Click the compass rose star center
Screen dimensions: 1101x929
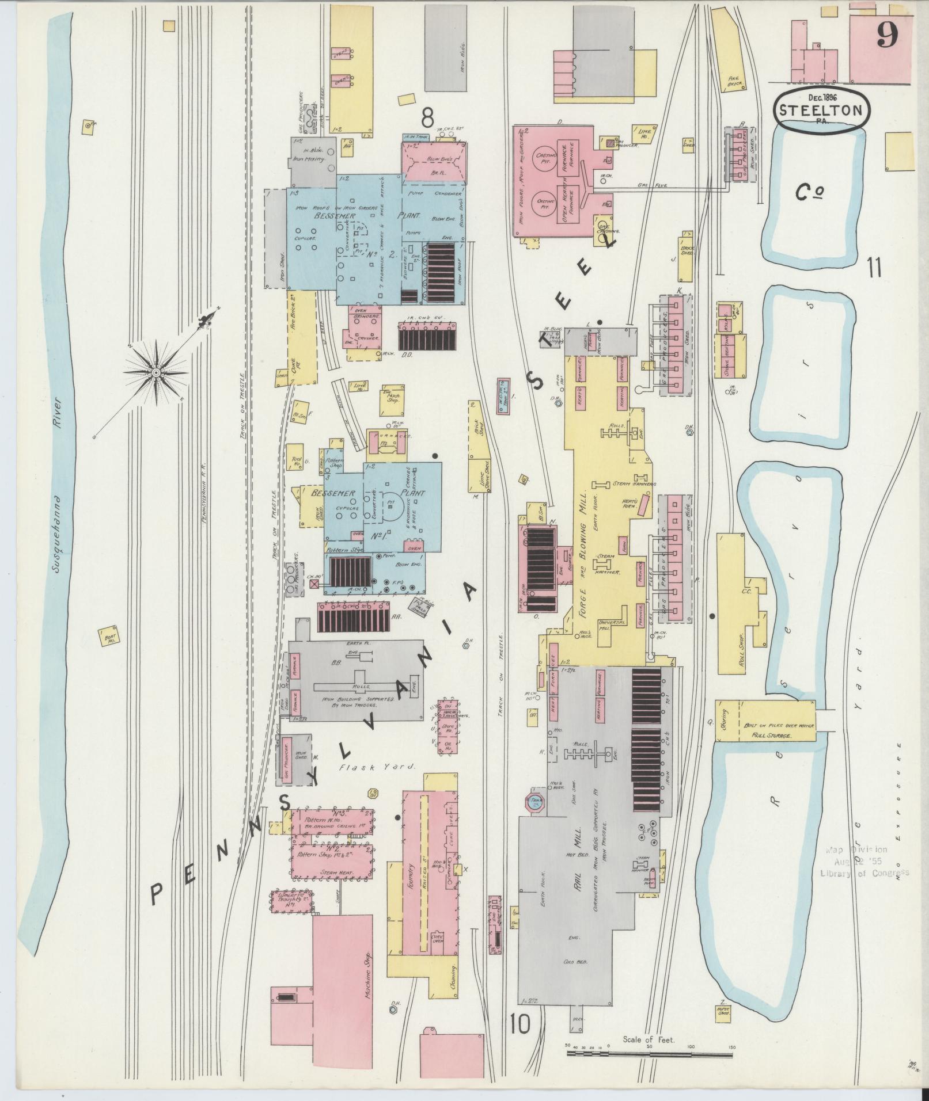[x=156, y=372]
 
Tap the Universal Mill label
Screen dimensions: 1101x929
[x=608, y=626]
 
